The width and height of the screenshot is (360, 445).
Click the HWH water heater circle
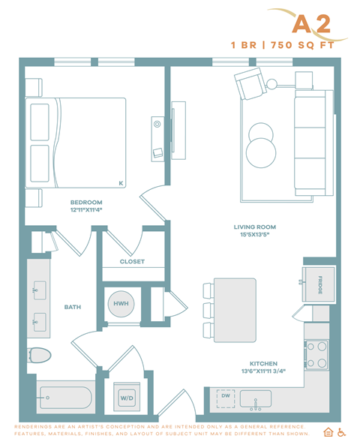120,303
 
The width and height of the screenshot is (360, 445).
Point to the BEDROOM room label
86,203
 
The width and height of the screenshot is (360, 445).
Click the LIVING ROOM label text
255,227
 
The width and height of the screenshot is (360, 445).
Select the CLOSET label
132,262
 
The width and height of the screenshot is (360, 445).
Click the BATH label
73,306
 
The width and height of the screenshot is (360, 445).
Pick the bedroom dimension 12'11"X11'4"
86,211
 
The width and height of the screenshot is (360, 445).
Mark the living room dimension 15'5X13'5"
255,235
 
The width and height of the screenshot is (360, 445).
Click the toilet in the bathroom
39,355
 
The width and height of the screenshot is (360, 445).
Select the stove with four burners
316,354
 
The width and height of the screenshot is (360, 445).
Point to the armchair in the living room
248,85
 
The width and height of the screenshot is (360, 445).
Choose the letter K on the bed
120,182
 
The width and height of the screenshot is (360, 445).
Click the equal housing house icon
328,432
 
